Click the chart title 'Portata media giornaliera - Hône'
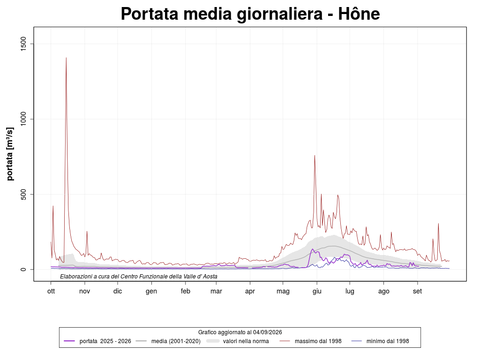pos(250,14)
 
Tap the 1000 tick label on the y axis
pos(23,119)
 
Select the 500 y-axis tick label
pos(23,194)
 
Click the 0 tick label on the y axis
pos(23,270)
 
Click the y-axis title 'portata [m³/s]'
pos(10,154)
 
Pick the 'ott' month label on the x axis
pos(51,291)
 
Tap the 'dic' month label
pos(118,291)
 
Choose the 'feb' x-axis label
pos(186,291)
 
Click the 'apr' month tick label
pos(250,292)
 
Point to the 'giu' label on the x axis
pos(317,292)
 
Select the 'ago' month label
pos(383,292)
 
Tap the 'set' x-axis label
pos(417,291)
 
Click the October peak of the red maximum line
pos(66,58)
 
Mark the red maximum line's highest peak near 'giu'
pos(315,156)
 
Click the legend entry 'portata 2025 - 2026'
pos(97,341)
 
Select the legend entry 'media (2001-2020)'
pos(168,341)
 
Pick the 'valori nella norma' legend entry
pos(238,341)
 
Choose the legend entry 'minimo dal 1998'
pos(380,341)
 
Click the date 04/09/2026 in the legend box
pos(268,332)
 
